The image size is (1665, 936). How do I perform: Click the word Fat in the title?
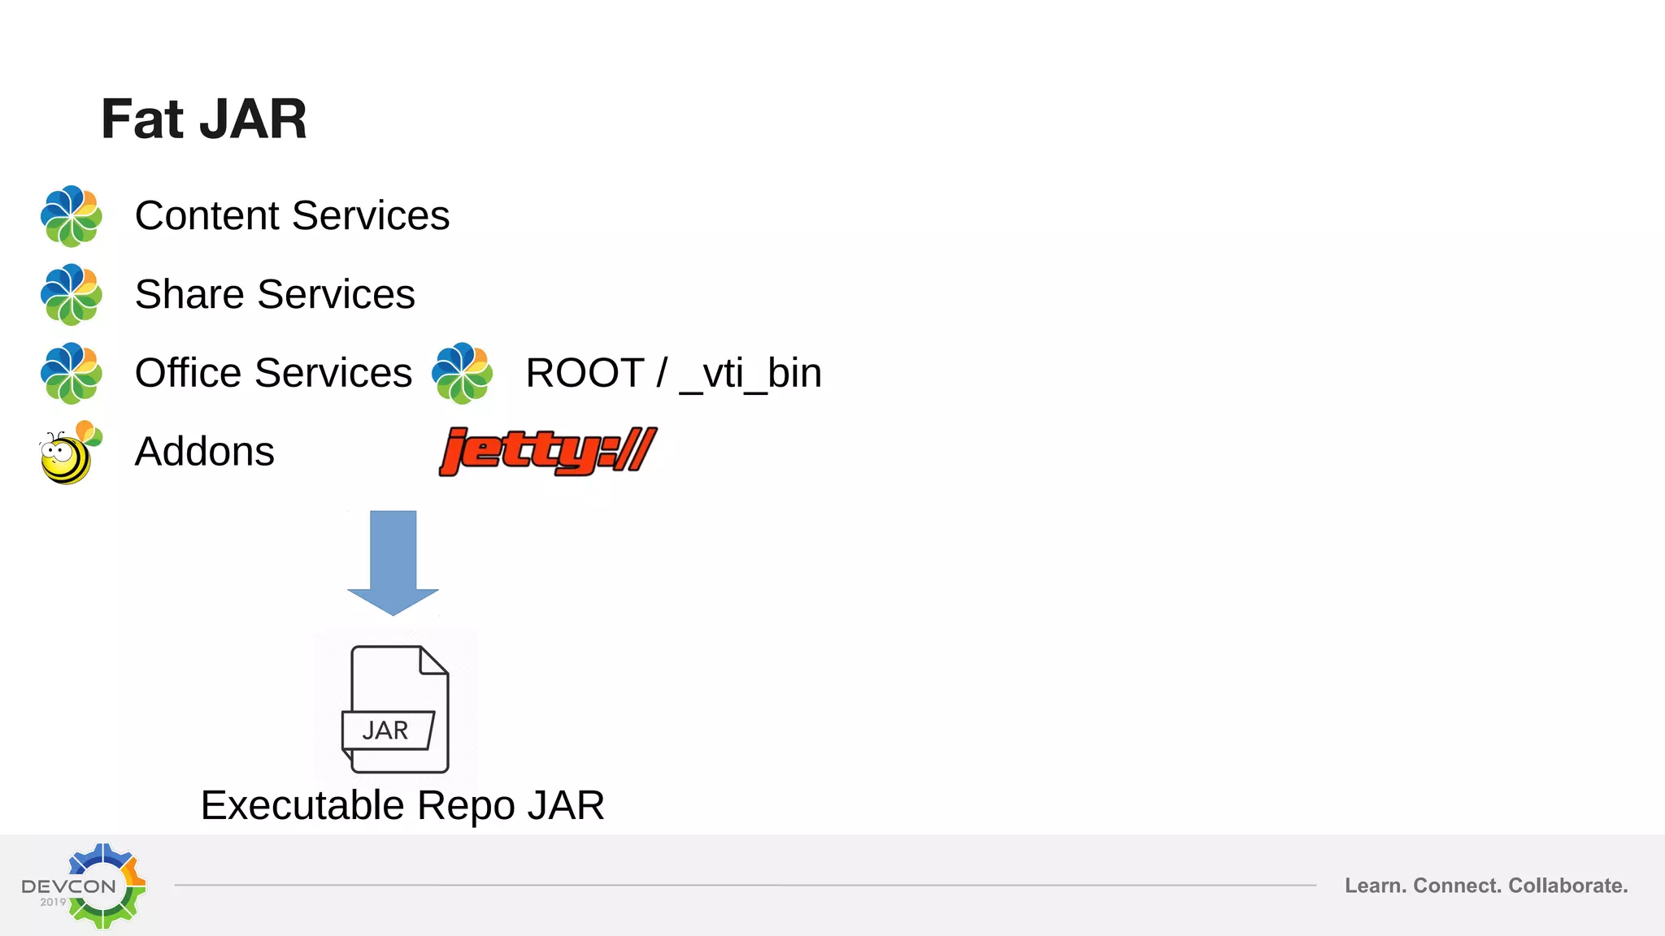click(x=141, y=119)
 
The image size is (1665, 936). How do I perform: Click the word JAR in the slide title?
click(x=253, y=119)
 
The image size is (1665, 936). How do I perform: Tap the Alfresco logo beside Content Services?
click(x=72, y=216)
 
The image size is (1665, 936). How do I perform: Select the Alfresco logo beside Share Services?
click(x=72, y=294)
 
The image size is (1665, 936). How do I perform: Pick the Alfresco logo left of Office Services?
click(x=72, y=373)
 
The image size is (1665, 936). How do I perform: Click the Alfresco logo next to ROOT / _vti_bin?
click(x=462, y=373)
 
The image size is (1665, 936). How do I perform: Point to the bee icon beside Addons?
click(x=70, y=453)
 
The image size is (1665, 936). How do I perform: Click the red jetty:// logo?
click(x=547, y=451)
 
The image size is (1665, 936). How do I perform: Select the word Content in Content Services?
click(x=207, y=216)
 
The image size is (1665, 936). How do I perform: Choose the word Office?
click(x=188, y=373)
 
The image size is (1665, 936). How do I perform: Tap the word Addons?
click(x=204, y=452)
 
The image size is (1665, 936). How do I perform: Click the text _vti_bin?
click(x=750, y=374)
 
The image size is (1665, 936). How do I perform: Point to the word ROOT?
click(x=585, y=374)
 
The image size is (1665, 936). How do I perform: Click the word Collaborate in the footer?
click(x=1567, y=886)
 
